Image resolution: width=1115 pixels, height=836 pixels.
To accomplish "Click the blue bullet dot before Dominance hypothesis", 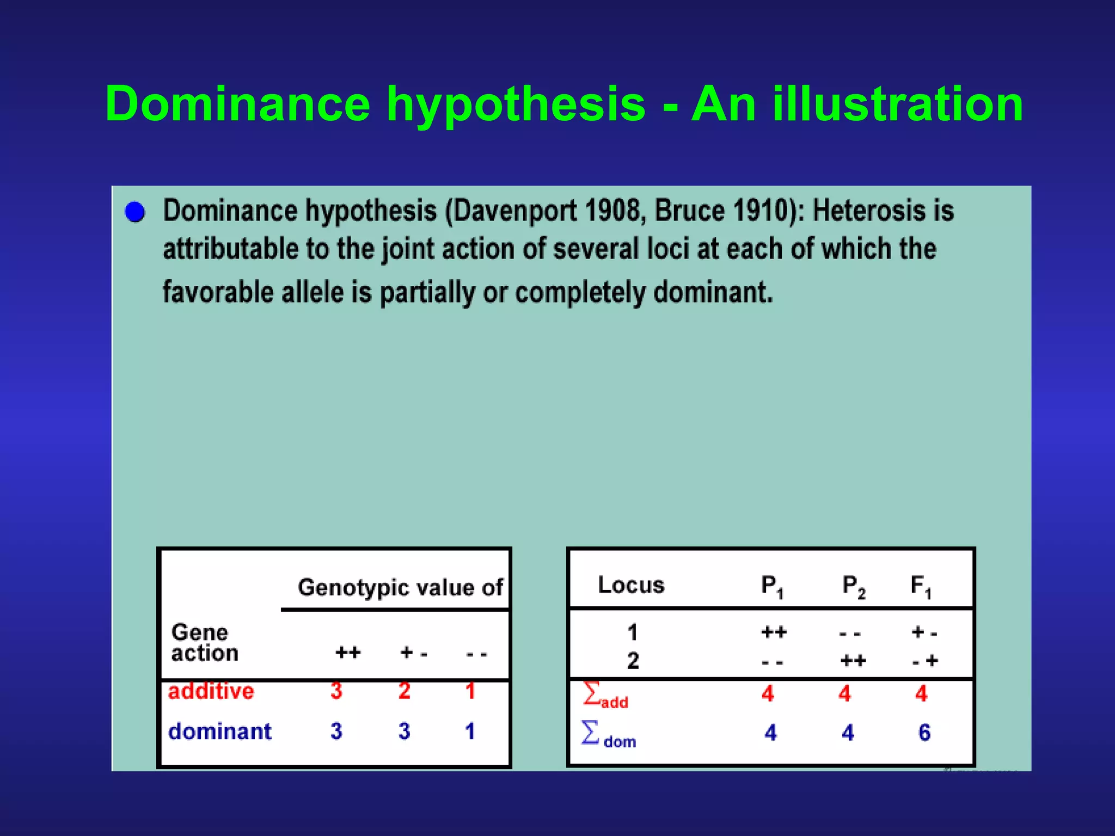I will (134, 212).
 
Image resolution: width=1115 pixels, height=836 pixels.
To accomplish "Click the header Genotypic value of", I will (400, 587).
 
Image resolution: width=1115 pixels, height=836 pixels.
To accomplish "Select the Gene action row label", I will (204, 642).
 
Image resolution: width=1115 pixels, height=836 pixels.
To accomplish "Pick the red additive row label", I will (211, 691).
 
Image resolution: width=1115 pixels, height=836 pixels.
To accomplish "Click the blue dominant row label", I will (219, 731).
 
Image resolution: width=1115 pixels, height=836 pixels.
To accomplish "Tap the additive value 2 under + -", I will (404, 691).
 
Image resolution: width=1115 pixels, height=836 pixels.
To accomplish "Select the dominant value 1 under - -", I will (470, 731).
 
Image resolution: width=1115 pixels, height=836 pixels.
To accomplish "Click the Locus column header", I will (631, 585).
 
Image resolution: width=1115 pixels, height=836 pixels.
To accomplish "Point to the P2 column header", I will (853, 587).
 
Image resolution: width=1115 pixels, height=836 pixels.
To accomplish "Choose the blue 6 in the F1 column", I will (924, 733).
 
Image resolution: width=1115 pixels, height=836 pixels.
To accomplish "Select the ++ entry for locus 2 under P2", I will (853, 661).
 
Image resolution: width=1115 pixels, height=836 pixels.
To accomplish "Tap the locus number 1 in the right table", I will (632, 632).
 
